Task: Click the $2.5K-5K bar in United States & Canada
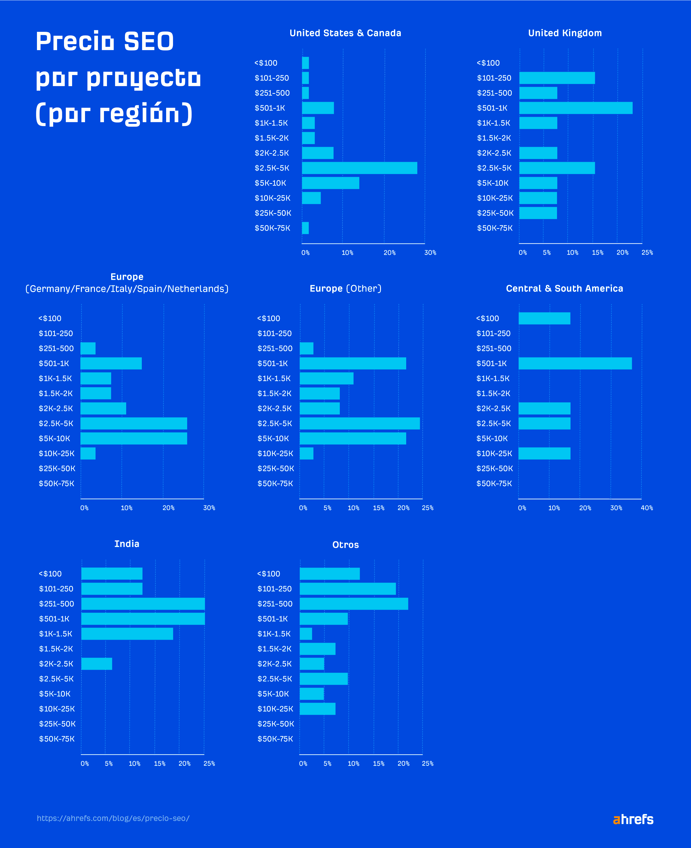tap(359, 168)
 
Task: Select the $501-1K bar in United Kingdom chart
tap(576, 108)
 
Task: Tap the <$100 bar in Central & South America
tap(544, 318)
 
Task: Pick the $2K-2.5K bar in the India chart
tap(97, 663)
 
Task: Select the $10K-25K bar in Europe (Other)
tap(306, 454)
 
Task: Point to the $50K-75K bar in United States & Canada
tap(305, 228)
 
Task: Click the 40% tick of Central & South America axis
tap(647, 508)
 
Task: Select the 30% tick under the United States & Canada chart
tap(430, 252)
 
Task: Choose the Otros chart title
tap(345, 545)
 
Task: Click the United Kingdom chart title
tap(565, 33)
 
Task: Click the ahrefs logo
tap(633, 819)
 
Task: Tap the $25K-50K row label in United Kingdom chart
tap(495, 213)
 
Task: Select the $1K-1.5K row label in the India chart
tap(56, 634)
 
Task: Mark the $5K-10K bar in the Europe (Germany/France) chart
tap(134, 438)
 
